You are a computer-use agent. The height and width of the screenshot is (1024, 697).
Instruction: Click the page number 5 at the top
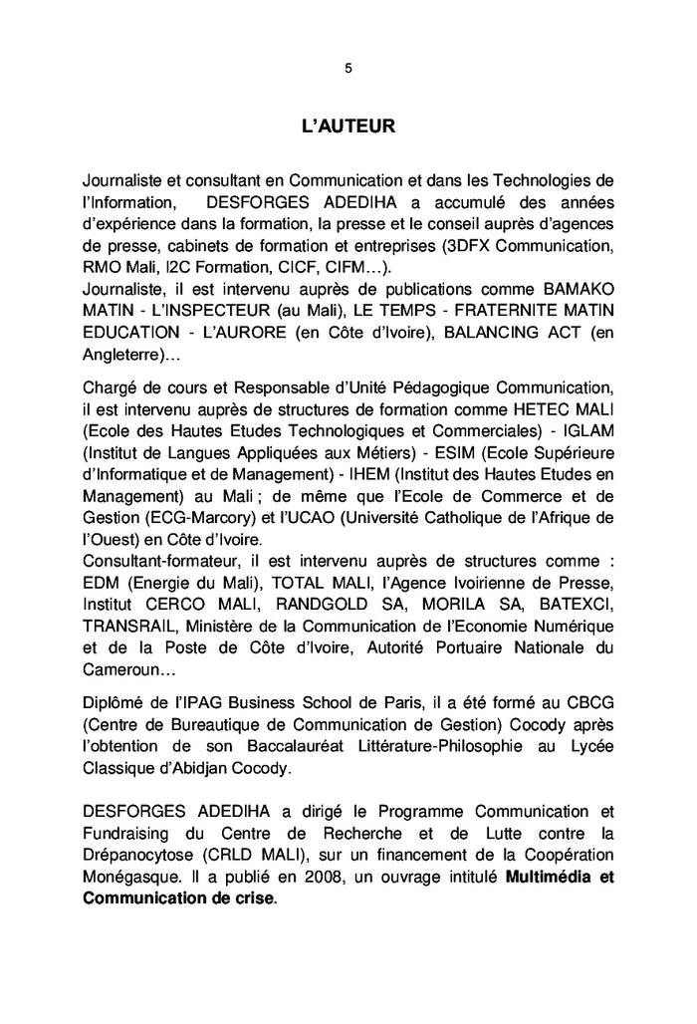coord(348,69)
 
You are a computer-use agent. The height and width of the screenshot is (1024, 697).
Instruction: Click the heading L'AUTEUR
coord(348,127)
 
